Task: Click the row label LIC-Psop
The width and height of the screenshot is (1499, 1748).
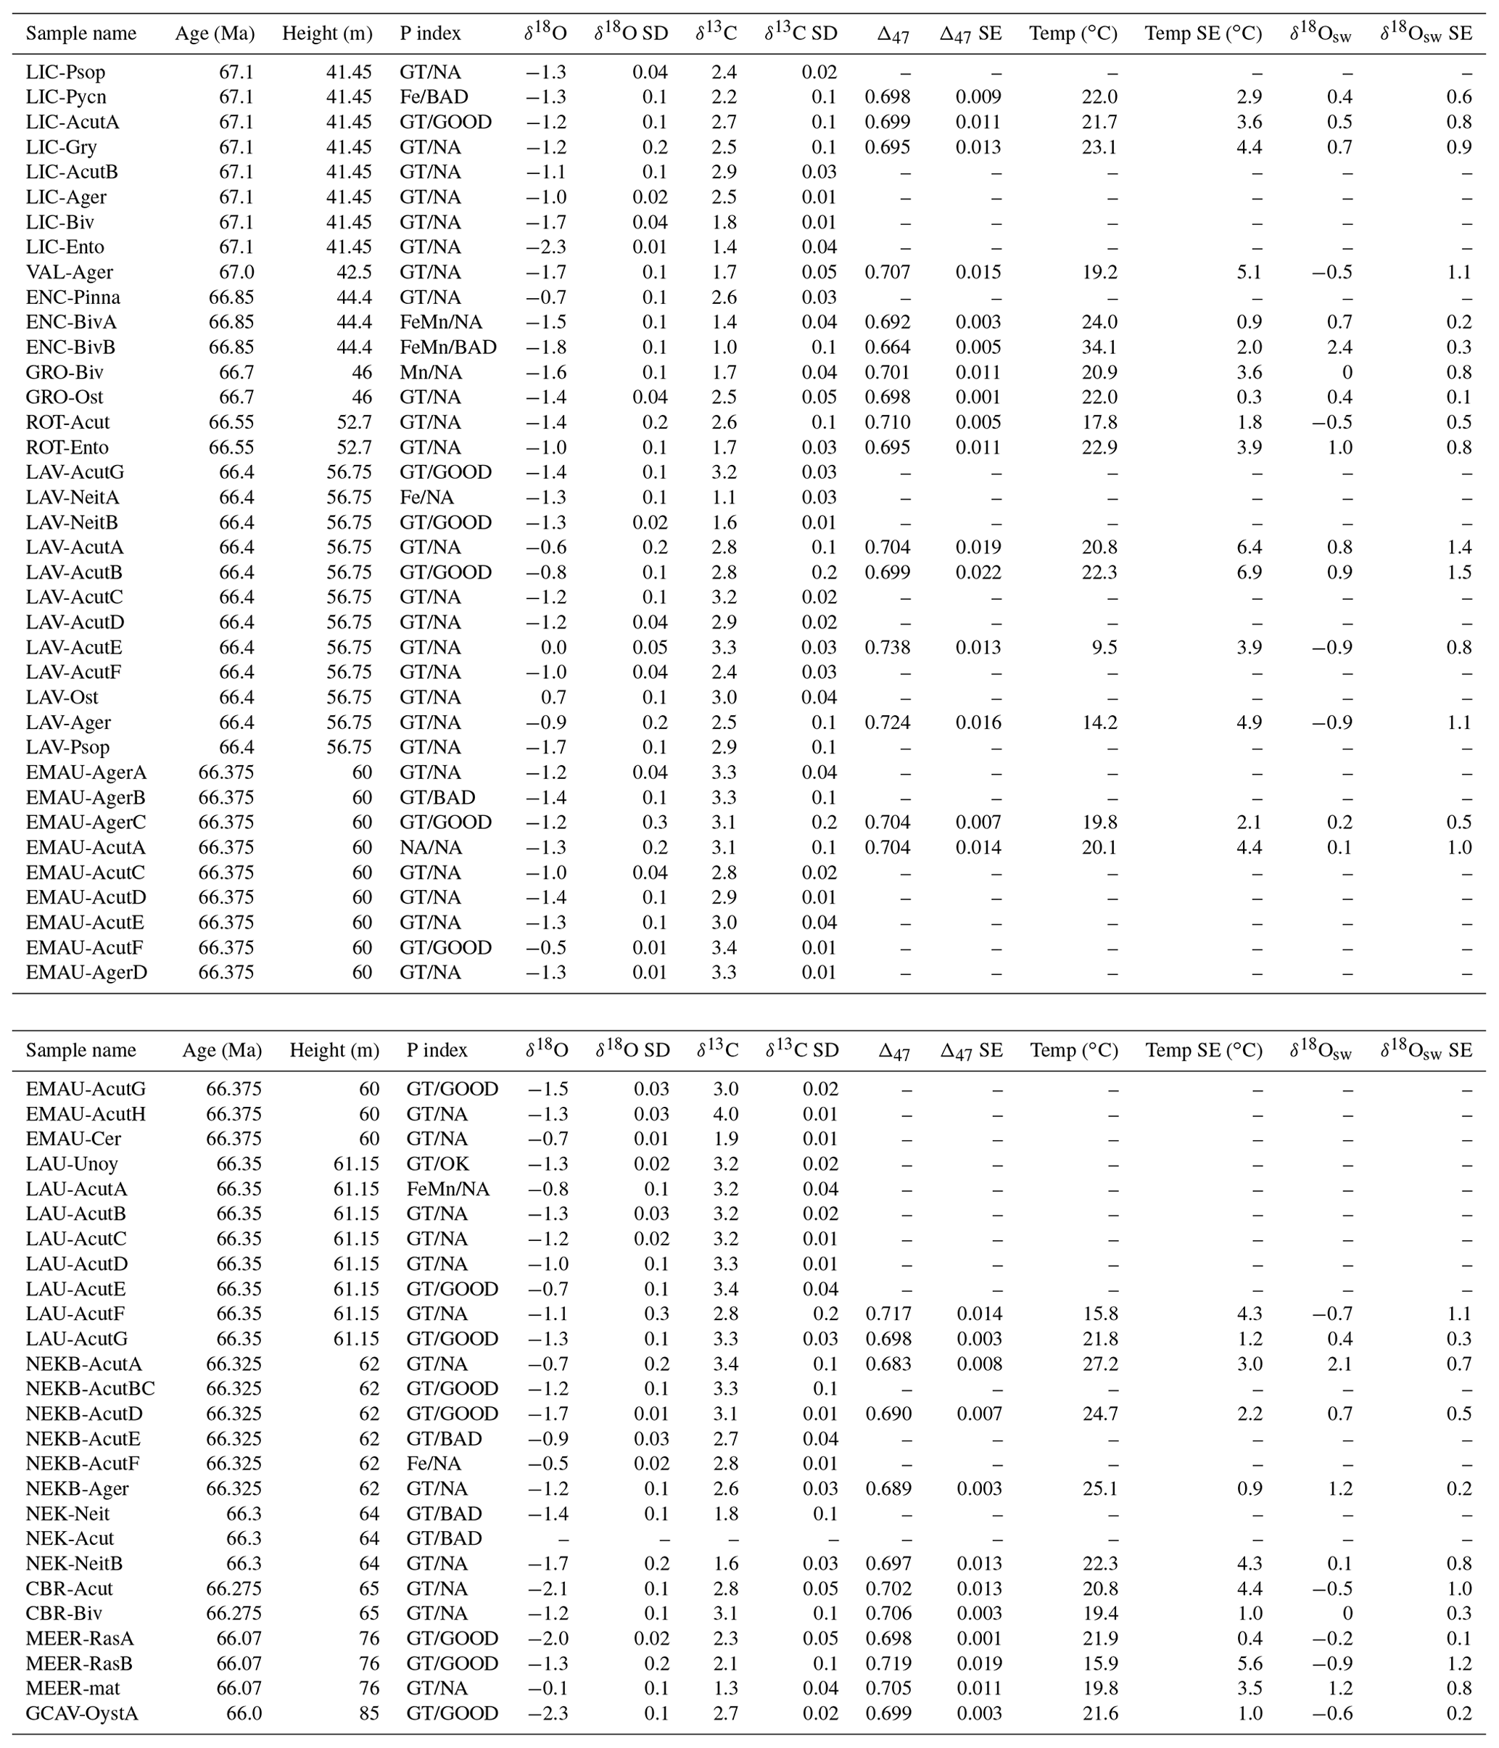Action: pos(66,73)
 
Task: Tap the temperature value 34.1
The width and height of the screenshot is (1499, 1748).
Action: pos(1099,347)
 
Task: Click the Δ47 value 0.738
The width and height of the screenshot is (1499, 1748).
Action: pos(888,647)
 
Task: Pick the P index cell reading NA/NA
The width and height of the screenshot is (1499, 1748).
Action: pos(430,847)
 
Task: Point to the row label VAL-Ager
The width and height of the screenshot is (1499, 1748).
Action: pos(69,273)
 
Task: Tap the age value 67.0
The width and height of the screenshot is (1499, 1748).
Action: pos(236,273)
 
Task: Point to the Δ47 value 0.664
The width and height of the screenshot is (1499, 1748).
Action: pos(888,347)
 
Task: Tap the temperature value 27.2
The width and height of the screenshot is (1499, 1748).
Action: pos(1100,1364)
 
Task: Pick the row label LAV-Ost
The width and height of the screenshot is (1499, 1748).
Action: pos(62,698)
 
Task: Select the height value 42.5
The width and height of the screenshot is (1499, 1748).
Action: pos(355,273)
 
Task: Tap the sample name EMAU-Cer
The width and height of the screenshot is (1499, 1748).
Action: pos(74,1139)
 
